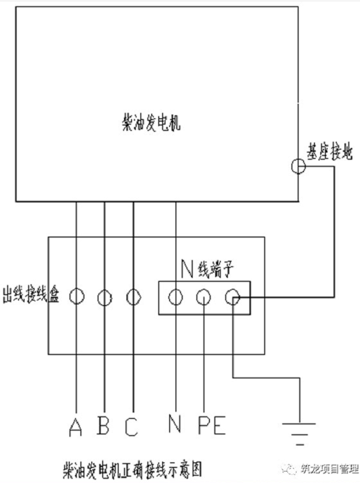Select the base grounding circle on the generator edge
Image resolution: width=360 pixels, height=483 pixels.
click(x=298, y=167)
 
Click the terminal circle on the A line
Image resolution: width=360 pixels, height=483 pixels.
click(x=76, y=297)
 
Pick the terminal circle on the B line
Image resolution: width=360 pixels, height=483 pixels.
click(x=104, y=297)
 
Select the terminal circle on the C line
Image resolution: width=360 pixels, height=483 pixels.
click(x=133, y=297)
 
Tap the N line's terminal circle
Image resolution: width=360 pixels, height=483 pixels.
click(x=175, y=297)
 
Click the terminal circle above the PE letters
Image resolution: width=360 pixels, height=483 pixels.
click(x=203, y=297)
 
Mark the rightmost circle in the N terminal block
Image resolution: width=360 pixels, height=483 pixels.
click(x=232, y=297)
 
